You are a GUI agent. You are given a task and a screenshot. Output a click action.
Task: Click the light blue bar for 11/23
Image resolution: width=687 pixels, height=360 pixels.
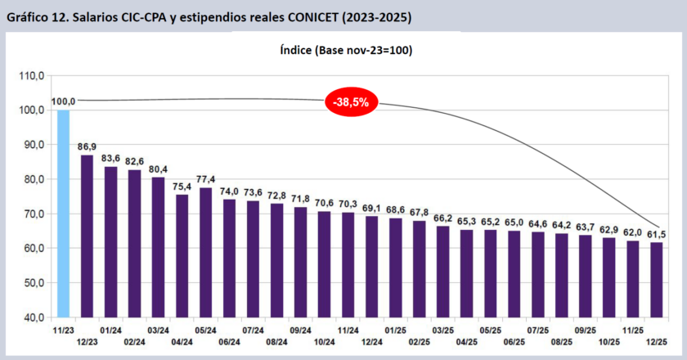click(63, 213)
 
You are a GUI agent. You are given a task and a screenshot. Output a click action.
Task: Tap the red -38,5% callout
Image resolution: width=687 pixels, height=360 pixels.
click(351, 101)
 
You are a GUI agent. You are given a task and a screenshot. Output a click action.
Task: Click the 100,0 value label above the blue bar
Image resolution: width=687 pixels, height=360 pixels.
click(63, 101)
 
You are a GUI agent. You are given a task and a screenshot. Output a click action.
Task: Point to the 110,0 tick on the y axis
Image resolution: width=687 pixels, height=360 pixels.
click(32, 75)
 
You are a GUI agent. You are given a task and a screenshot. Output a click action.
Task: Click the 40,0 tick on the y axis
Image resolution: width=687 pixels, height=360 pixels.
click(32, 317)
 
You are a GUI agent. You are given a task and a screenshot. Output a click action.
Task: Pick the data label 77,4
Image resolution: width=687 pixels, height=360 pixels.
click(205, 179)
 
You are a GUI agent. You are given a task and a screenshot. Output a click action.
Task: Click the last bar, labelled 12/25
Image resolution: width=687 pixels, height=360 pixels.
click(655, 279)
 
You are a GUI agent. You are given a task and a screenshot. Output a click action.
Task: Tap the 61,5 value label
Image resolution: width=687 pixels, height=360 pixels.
click(657, 234)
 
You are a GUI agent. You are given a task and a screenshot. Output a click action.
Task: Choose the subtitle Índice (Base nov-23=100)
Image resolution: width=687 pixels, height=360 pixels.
click(344, 50)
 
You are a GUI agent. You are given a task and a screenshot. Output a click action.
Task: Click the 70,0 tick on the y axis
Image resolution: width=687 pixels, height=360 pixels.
click(32, 214)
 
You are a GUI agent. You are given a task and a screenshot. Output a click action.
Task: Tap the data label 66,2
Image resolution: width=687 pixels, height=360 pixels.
click(442, 218)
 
